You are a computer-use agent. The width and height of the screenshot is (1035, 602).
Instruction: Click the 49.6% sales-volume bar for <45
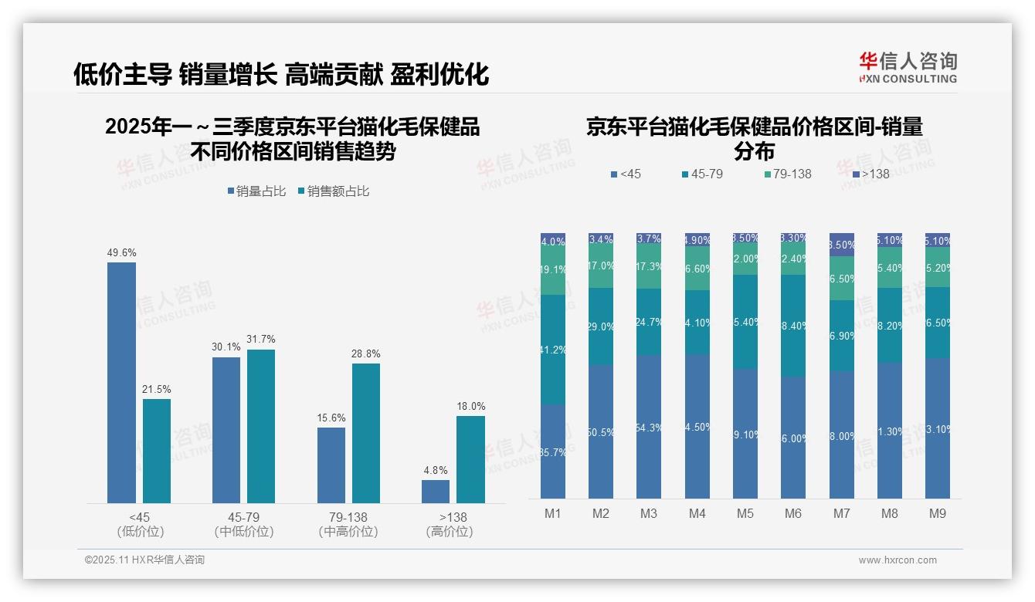click(121, 383)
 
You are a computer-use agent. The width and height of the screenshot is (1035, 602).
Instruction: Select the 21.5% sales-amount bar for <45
click(157, 451)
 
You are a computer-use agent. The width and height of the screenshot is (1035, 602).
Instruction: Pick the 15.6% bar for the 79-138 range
click(331, 465)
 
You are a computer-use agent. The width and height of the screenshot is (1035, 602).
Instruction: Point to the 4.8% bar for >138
click(436, 492)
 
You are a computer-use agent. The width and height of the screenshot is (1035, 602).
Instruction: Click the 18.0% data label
click(471, 407)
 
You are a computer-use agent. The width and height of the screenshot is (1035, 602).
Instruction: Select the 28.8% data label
click(366, 354)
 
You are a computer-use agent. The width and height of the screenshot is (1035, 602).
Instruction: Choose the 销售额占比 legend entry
click(334, 191)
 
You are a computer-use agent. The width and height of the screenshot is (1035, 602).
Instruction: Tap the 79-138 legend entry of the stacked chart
click(787, 174)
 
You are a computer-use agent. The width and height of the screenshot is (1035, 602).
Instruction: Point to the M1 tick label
click(553, 513)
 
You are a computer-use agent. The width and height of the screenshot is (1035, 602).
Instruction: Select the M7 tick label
click(841, 513)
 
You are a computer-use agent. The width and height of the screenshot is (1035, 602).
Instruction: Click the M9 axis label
click(937, 513)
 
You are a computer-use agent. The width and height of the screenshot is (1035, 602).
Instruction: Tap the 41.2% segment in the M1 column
click(553, 350)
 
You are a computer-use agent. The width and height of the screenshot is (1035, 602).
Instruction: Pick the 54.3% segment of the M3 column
click(649, 427)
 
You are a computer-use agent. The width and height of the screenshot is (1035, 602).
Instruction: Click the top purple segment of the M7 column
click(841, 244)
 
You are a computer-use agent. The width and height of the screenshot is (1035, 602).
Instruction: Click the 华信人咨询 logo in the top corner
click(908, 67)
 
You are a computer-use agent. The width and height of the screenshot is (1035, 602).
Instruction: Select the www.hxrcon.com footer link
click(898, 560)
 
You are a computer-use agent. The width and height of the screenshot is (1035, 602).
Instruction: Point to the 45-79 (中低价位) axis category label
click(244, 524)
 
